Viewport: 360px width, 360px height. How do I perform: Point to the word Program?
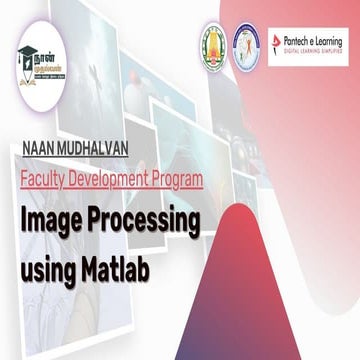(177, 181)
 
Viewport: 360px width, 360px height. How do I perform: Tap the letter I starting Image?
(24, 220)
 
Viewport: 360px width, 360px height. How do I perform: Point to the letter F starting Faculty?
(24, 181)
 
